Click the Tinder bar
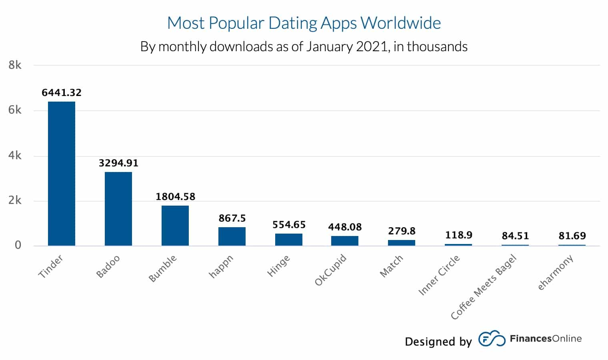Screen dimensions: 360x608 [x=61, y=173]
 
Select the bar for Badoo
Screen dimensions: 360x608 [x=118, y=208]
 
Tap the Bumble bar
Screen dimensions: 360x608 [x=175, y=225]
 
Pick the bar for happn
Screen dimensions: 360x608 [x=232, y=236]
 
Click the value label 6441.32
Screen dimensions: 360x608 [x=61, y=92]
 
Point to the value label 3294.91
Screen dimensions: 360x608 [x=118, y=163]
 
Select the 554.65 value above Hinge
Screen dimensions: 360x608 [x=289, y=225]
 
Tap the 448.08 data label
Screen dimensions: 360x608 [x=345, y=227]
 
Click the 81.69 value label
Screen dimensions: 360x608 [x=572, y=236]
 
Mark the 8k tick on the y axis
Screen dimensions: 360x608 [x=15, y=65]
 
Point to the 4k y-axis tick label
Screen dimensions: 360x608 [x=15, y=156]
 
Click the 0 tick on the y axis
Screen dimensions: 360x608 [x=18, y=245]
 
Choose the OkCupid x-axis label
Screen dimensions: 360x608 [x=330, y=270]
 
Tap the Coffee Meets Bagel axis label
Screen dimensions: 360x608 [x=484, y=287]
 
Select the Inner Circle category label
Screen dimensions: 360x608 [x=439, y=275]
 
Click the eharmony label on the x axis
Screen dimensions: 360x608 [x=555, y=272]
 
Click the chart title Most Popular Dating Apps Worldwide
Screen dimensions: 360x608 [x=304, y=23]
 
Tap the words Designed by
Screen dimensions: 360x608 [x=438, y=342]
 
